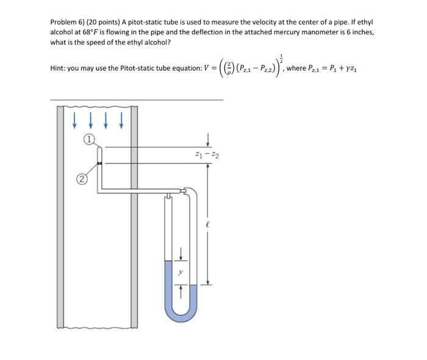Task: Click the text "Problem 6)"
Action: [70, 21]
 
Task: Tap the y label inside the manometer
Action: [180, 273]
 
